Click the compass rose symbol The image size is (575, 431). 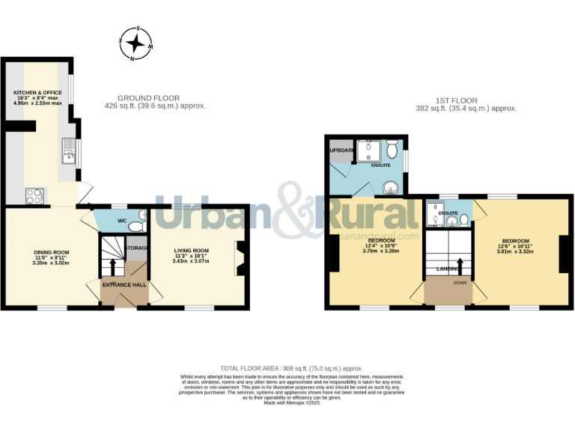click(136, 43)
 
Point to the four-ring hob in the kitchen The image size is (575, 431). click(34, 196)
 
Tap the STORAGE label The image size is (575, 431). click(138, 248)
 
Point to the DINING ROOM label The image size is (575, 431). click(50, 252)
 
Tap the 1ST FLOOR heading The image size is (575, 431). click(456, 101)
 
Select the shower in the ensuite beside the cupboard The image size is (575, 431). click(368, 152)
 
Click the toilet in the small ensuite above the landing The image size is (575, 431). click(463, 219)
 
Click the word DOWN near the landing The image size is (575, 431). click(459, 283)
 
